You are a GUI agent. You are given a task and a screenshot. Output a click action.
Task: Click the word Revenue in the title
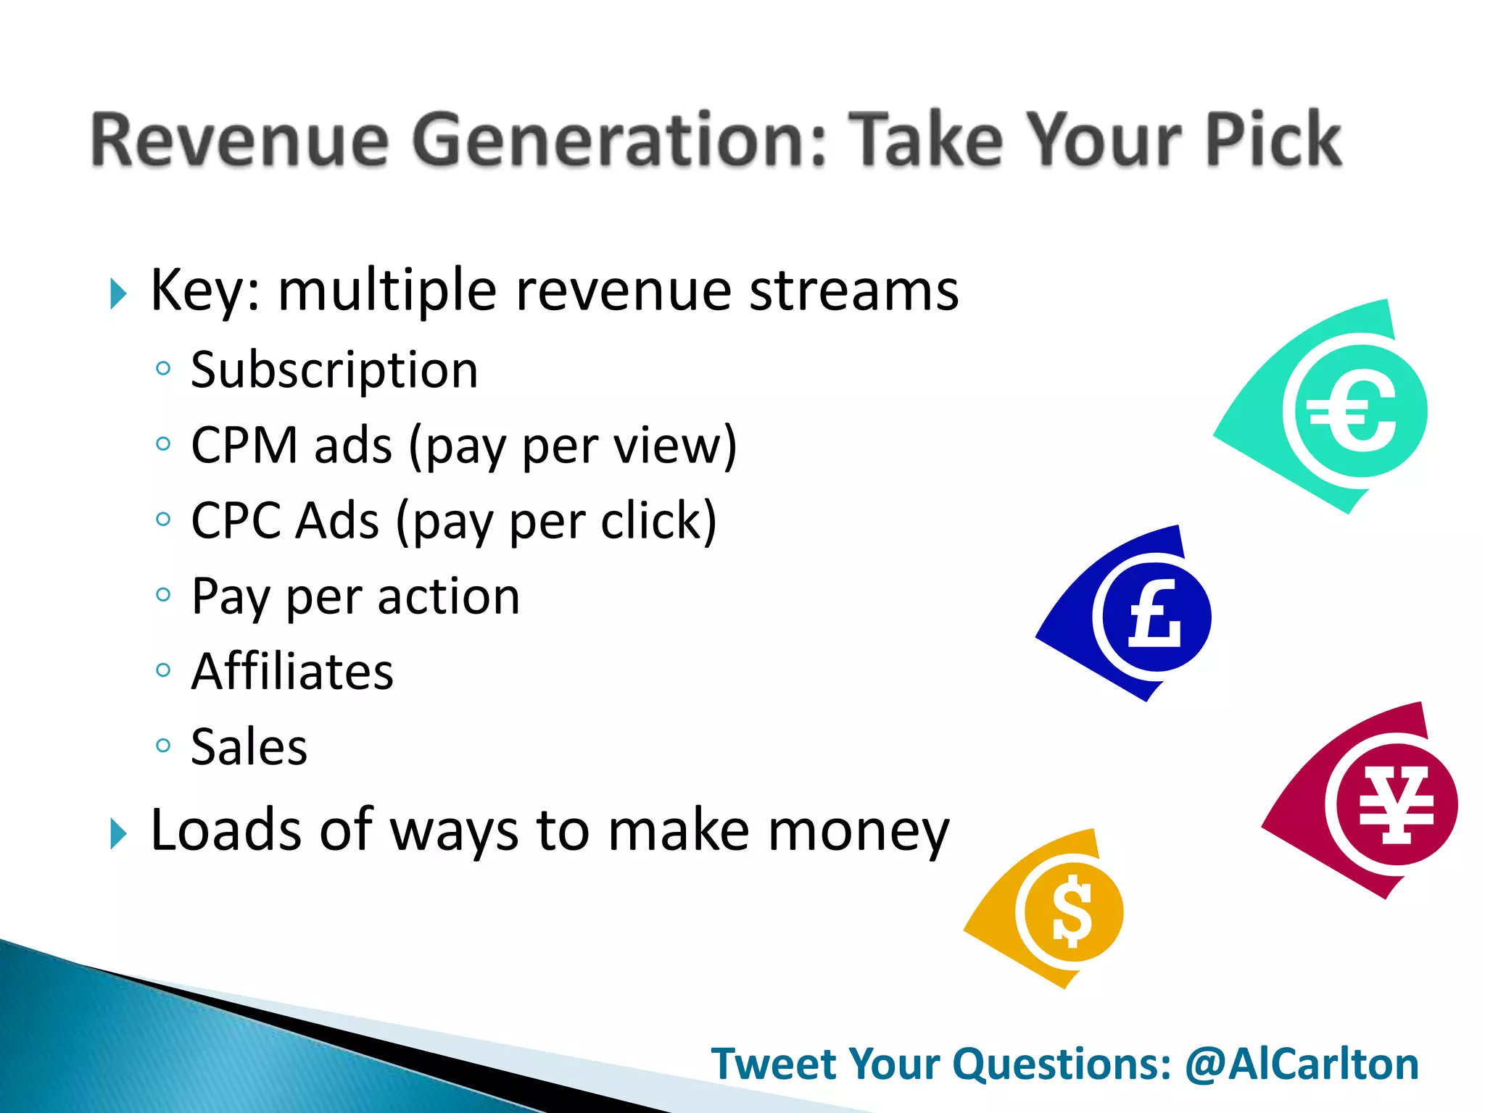click(239, 139)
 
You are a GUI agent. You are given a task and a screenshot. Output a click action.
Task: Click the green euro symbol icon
click(1352, 411)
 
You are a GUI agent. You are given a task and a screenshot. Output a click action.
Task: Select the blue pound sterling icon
click(1154, 617)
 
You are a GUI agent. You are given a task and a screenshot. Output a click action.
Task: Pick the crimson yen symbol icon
click(1395, 804)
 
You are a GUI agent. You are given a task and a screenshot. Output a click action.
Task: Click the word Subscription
click(334, 371)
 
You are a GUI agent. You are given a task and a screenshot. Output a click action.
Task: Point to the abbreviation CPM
click(244, 445)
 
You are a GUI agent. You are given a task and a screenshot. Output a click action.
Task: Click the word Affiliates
click(292, 672)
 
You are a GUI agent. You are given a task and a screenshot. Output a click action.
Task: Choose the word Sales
click(249, 746)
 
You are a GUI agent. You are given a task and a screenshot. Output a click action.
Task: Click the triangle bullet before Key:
click(117, 293)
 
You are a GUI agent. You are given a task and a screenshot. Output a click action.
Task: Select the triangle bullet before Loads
click(117, 833)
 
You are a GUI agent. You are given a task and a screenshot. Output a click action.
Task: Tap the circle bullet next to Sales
click(163, 744)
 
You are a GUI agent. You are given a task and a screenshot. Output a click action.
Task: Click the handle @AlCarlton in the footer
click(1302, 1064)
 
